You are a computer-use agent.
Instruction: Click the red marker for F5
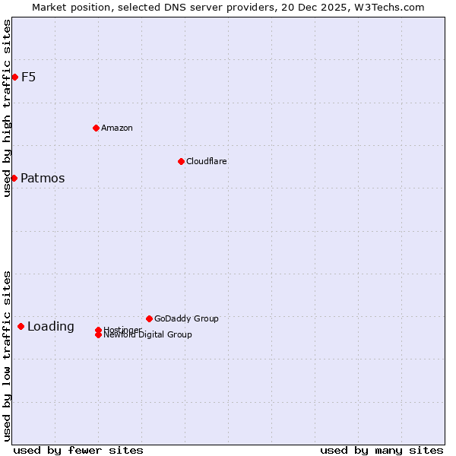coord(14,77)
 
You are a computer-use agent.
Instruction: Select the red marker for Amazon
coord(96,128)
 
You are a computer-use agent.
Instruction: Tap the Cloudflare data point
coord(181,161)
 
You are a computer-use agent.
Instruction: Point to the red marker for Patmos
coord(14,178)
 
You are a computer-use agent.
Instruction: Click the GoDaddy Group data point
coord(149,318)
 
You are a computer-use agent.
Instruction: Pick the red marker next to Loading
coord(21,326)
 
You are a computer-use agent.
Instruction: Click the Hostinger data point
coord(98,330)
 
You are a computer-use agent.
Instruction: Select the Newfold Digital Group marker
coord(98,335)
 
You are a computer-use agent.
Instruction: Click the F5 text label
coord(29,77)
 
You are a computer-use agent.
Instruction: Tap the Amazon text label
coord(117,128)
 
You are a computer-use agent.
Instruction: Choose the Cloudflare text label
coord(207,161)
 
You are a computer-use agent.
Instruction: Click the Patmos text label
coord(43,178)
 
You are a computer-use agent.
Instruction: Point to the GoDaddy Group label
coord(186,318)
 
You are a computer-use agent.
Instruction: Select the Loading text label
coord(51,327)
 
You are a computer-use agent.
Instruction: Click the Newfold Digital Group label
coord(148,335)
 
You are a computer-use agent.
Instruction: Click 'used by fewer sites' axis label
coord(78,450)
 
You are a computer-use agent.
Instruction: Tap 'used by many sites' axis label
coord(382,450)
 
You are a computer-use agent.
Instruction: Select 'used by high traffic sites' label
coord(8,108)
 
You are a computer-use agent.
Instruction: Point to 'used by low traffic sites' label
coord(8,356)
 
